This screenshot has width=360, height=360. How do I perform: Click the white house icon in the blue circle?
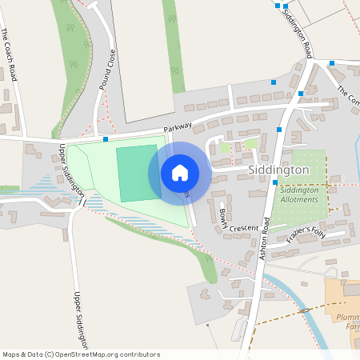(180, 173)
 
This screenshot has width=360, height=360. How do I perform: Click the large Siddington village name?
(278, 170)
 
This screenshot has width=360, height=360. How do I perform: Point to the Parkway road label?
(179, 128)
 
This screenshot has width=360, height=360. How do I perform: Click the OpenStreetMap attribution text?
(81, 354)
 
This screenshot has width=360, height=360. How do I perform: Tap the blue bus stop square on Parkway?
(106, 139)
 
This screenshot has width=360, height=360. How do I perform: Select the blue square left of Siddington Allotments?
(274, 182)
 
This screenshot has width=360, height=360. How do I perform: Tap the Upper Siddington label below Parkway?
(72, 170)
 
